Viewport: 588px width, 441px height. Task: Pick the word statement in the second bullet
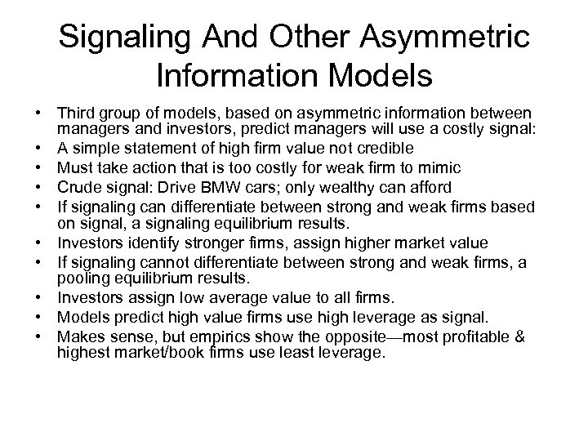[176, 148]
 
